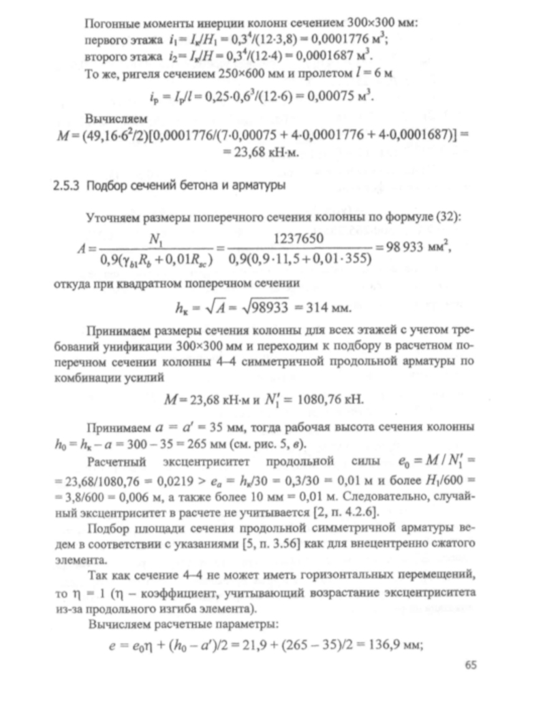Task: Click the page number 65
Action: pos(471,666)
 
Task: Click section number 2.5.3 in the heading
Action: pos(67,185)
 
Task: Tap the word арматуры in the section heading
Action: pos(260,185)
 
